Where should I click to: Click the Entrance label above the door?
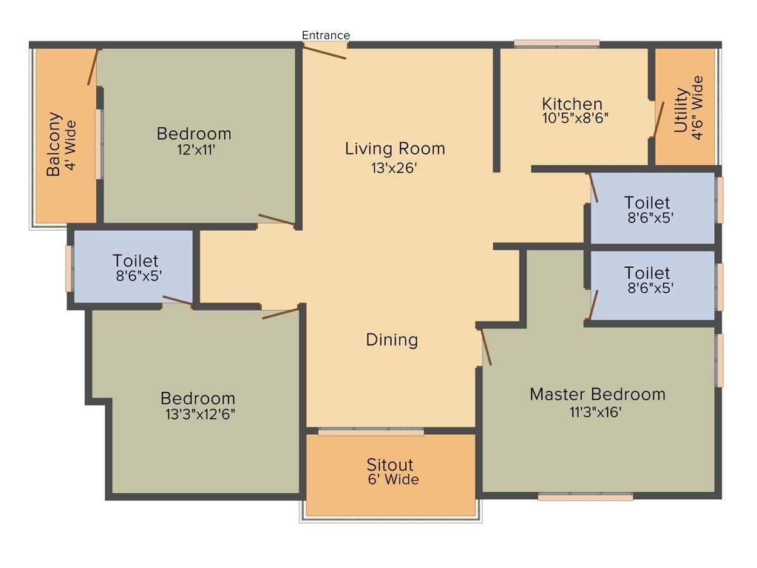(326, 35)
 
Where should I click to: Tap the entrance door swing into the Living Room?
(325, 53)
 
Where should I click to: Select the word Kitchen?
(571, 104)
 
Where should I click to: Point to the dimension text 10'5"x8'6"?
(575, 117)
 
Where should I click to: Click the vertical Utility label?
(680, 111)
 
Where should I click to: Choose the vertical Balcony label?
(53, 143)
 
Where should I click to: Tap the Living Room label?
(395, 149)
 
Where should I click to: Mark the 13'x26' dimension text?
(395, 168)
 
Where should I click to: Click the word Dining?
(392, 340)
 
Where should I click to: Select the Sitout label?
(390, 465)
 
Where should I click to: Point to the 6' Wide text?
(393, 480)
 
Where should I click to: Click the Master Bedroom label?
(597, 394)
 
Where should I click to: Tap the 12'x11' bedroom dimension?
(193, 149)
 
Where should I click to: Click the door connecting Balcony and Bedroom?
(93, 67)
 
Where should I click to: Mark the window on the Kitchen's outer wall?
(557, 44)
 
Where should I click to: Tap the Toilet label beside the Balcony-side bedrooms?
(135, 261)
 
